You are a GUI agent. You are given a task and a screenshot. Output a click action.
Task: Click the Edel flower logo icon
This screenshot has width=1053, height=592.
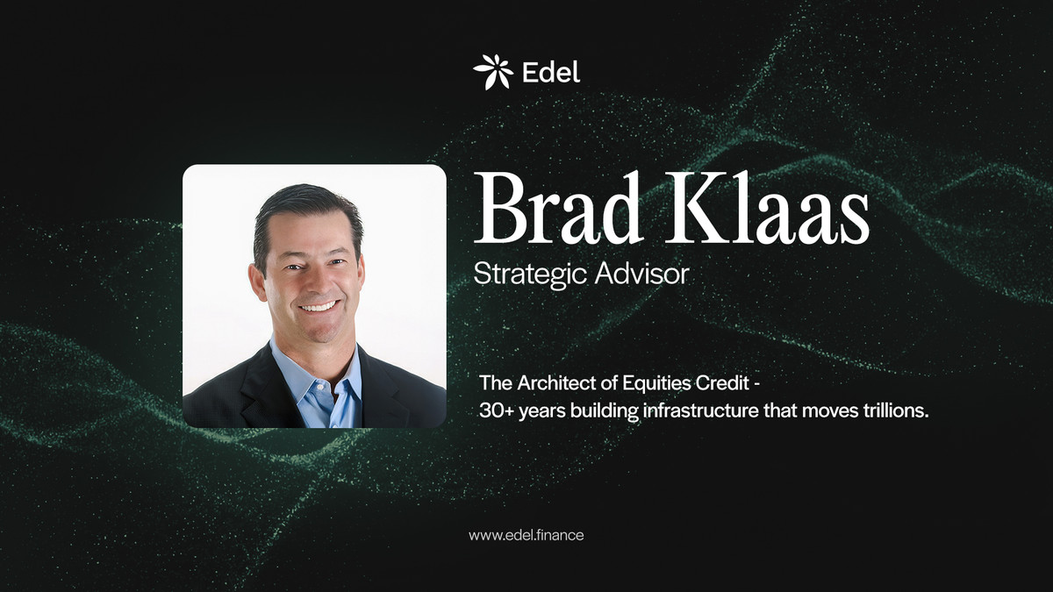point(492,72)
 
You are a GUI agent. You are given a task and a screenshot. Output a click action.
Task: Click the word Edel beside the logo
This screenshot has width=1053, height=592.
point(551,72)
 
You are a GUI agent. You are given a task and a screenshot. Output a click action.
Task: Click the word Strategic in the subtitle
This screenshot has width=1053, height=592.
point(525,274)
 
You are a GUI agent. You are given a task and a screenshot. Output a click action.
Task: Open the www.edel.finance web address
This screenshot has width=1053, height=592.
point(526,534)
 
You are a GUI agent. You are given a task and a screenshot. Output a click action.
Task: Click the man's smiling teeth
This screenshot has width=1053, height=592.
point(319,307)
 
